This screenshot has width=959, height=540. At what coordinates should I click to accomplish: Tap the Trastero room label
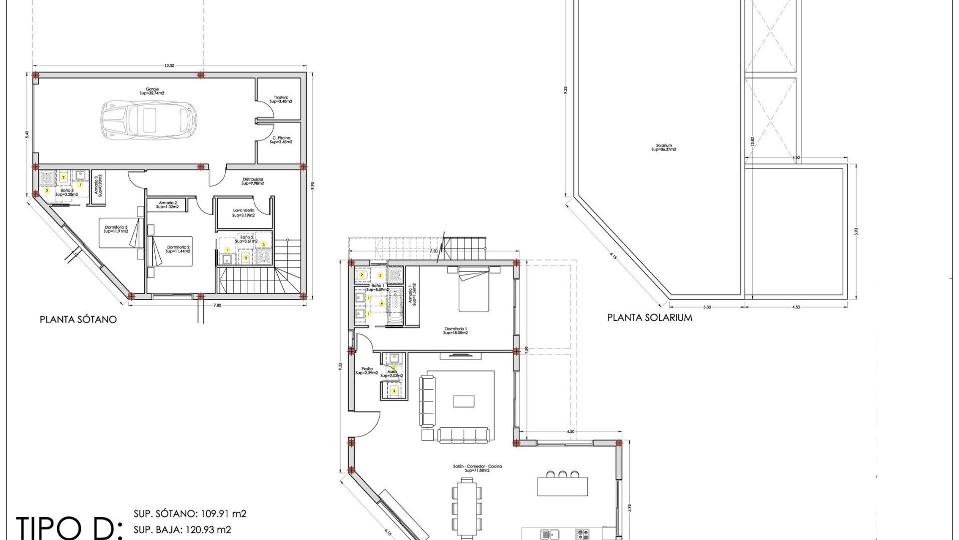pos(281,99)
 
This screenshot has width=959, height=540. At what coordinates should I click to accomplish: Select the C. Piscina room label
pos(281,140)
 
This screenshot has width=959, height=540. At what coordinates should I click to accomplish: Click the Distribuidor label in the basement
pos(253,181)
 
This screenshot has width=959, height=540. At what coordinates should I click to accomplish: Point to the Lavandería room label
pos(244,213)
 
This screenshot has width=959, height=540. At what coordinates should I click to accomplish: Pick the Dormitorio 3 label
pos(116,229)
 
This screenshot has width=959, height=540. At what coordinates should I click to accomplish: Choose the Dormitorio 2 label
pos(178,249)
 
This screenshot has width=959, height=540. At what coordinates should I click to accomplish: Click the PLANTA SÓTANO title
pos(78,319)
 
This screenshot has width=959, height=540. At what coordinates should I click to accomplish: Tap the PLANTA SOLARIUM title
pos(649,317)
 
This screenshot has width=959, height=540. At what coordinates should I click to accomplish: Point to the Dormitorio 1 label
pos(455,330)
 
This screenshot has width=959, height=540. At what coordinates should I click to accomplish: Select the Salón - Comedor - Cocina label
pos(477,468)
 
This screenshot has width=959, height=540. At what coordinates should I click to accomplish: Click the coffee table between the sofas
pos(464,401)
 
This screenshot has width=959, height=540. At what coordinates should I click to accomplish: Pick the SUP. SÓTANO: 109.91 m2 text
pos(190,514)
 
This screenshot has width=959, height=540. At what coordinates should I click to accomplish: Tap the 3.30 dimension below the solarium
pos(706,307)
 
